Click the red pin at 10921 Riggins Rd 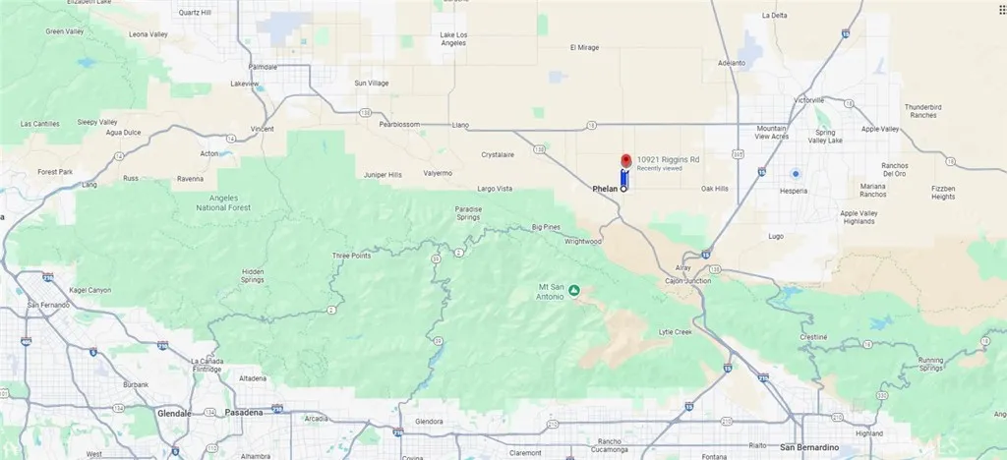coord(624,162)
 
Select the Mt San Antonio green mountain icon coord(574,290)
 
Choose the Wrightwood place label coord(582,241)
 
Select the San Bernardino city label coord(809,447)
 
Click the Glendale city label coord(175,414)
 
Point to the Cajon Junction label coord(688,280)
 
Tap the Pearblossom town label coord(400,125)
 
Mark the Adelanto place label coord(733,62)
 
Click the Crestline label coord(812,337)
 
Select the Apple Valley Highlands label coord(858,217)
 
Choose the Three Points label coord(351,256)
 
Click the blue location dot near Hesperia coord(795,174)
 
